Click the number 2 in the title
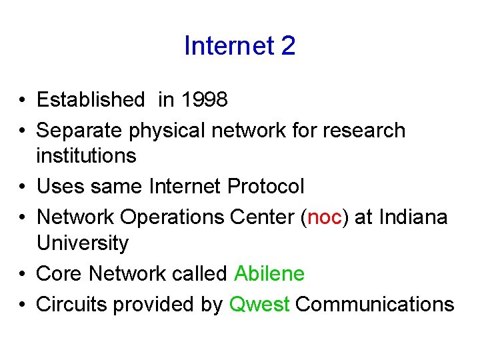(x=288, y=46)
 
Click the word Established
(x=91, y=100)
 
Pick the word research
(x=364, y=131)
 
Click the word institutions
(x=87, y=157)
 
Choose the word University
(x=83, y=243)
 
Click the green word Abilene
(x=269, y=274)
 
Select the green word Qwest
(x=259, y=305)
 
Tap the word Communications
(x=375, y=305)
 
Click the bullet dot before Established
(x=23, y=101)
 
